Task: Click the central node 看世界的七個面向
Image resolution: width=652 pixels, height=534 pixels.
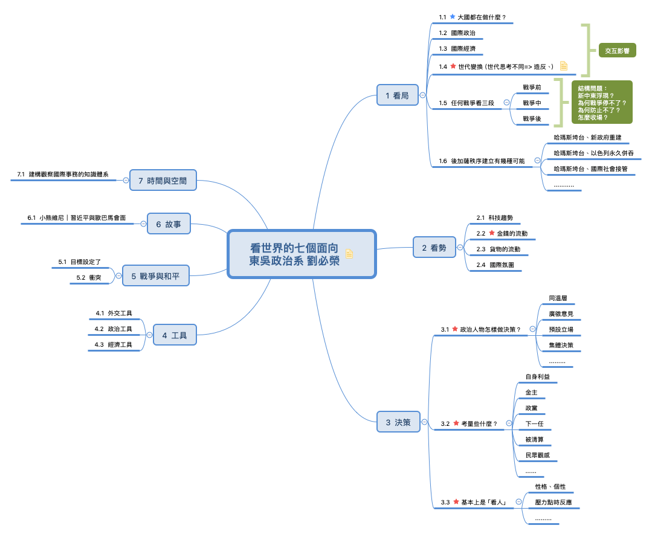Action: pyautogui.click(x=302, y=254)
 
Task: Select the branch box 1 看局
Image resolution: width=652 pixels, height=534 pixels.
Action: pyautogui.click(x=398, y=95)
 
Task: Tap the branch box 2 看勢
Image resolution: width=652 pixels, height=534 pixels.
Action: pyautogui.click(x=434, y=247)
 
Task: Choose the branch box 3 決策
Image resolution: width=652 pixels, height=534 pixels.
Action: pyautogui.click(x=398, y=422)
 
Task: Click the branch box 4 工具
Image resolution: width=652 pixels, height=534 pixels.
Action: pyautogui.click(x=175, y=335)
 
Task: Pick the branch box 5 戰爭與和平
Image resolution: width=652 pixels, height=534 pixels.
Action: pyautogui.click(x=156, y=275)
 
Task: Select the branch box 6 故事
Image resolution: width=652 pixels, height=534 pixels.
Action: pyautogui.click(x=169, y=224)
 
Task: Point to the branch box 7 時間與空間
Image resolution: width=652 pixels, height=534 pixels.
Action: pyautogui.click(x=163, y=180)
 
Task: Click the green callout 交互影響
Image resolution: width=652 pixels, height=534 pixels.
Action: pyautogui.click(x=618, y=50)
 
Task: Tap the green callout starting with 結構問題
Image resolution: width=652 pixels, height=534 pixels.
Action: pyautogui.click(x=602, y=102)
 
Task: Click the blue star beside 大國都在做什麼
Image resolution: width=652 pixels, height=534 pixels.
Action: pyautogui.click(x=453, y=17)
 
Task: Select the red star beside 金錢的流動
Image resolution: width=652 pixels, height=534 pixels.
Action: pyautogui.click(x=492, y=233)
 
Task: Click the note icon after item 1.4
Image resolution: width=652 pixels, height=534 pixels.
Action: pyautogui.click(x=564, y=66)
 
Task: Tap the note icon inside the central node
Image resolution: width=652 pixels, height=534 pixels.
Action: pyautogui.click(x=349, y=254)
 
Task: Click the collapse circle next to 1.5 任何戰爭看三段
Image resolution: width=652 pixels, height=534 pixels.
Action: pyautogui.click(x=506, y=102)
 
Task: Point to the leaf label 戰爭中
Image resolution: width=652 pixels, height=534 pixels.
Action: pyautogui.click(x=532, y=103)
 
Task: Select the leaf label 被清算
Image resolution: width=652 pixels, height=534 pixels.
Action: pyautogui.click(x=534, y=439)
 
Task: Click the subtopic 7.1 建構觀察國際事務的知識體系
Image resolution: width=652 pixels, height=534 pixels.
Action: pyautogui.click(x=63, y=174)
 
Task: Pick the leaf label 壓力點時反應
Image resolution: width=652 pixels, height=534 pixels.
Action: pyautogui.click(x=554, y=502)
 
